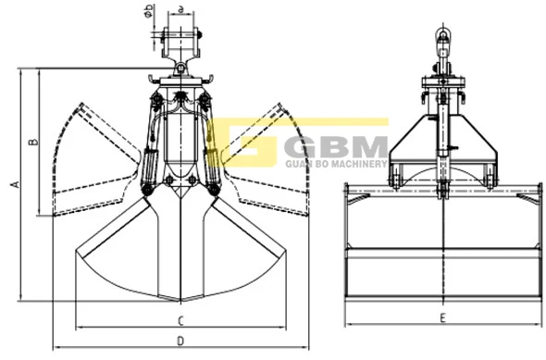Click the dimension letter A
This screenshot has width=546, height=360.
tap(16, 184)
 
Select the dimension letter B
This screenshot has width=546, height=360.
tap(33, 142)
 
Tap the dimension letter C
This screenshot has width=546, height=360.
tap(180, 320)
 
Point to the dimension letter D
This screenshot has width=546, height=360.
tap(180, 341)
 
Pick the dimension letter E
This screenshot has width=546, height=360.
tap(443, 317)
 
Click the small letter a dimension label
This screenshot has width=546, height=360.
tap(180, 9)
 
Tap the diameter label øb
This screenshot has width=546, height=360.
tap(149, 10)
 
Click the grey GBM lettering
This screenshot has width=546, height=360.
tap(336, 147)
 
